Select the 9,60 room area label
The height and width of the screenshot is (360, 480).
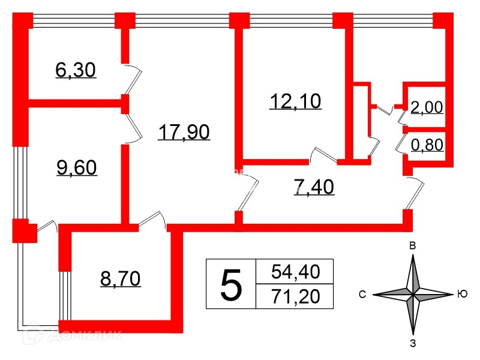tap(76, 166)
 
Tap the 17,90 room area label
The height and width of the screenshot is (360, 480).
tap(184, 131)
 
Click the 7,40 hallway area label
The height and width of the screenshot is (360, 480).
tap(314, 187)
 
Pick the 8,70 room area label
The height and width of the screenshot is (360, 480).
tap(120, 278)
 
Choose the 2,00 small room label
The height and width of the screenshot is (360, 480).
tap(427, 108)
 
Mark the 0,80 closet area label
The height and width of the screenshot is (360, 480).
tap(427, 145)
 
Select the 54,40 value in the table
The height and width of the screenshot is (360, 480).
tap(293, 272)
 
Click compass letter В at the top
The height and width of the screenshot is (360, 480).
tap(413, 246)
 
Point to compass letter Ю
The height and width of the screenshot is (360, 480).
tap(461, 294)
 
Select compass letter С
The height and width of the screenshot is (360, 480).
tap(362, 295)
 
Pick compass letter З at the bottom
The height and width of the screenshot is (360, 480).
tap(413, 343)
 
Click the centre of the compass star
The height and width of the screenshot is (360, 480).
tap(413, 295)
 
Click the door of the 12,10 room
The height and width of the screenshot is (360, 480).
tap(324, 155)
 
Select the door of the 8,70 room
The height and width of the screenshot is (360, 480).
tap(153, 219)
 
